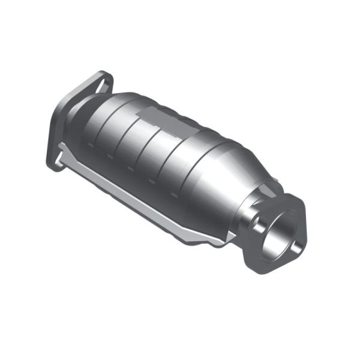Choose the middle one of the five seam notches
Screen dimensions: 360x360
tap(137, 171)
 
